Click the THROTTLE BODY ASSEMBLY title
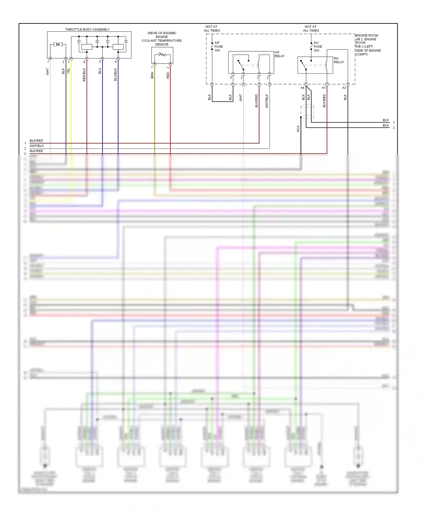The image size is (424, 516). pos(87,29)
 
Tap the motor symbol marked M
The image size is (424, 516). pos(58,44)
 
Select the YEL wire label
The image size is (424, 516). pos(68,71)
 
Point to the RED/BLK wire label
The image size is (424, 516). pos(84,75)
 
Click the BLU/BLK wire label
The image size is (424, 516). pos(115,75)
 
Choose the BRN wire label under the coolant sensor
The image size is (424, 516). pos(152,75)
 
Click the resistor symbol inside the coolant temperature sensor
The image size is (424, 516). pos(162,54)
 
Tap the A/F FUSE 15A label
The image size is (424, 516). pos(219,47)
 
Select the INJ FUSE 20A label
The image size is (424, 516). pos(318,47)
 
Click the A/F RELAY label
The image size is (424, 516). pos(280,54)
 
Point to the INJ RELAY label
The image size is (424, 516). pos(339,60)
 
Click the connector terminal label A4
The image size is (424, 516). pos(302,88)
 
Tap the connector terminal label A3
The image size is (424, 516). pos(344,88)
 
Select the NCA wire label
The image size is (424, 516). pos(298,129)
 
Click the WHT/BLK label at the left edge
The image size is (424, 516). pos(37,146)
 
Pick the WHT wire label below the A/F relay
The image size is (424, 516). pos(241,98)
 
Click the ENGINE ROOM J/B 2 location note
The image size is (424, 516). pos(368,45)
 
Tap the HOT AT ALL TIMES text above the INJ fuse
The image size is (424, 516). pos(311,29)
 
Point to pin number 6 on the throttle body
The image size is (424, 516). pos(84,62)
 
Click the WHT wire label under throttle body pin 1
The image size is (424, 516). pos(47,71)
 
